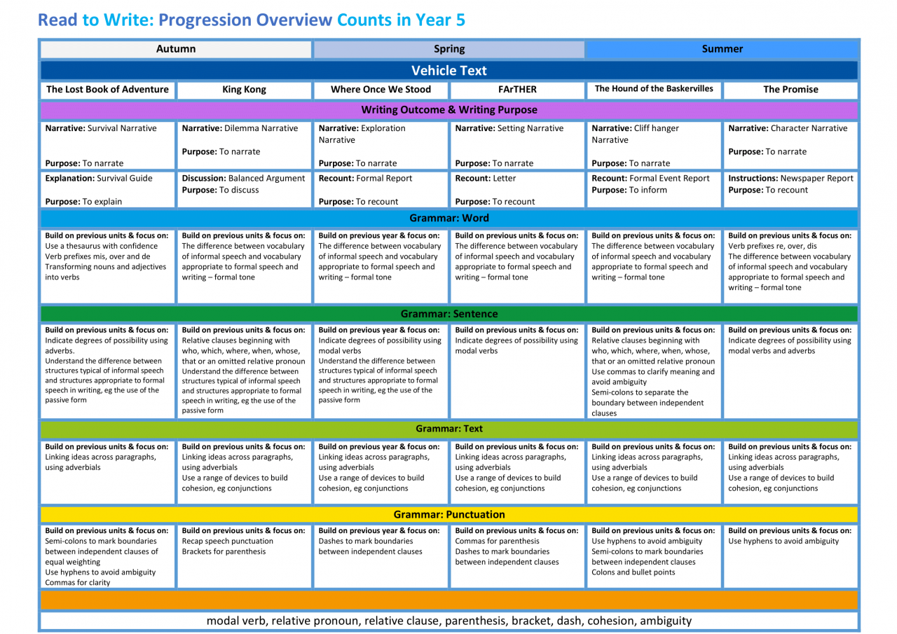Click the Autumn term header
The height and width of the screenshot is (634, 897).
click(176, 49)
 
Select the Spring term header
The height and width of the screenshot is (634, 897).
click(448, 49)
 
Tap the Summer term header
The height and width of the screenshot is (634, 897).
click(722, 49)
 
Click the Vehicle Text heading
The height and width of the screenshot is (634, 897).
click(448, 70)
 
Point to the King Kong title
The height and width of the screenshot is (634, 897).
click(244, 90)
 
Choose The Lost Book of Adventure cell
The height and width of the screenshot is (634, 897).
click(107, 90)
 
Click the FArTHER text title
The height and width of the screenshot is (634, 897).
click(517, 90)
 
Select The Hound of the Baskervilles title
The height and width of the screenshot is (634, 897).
click(654, 89)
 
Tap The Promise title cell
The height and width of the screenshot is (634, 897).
click(790, 90)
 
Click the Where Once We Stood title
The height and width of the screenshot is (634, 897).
click(381, 90)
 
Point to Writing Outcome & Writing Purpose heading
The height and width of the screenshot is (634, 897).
click(448, 110)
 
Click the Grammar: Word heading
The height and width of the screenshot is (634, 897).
click(448, 218)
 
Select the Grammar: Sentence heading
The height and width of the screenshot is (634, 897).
click(448, 314)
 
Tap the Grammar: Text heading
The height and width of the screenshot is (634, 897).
click(448, 429)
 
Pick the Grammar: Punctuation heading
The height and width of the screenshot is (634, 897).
click(448, 515)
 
